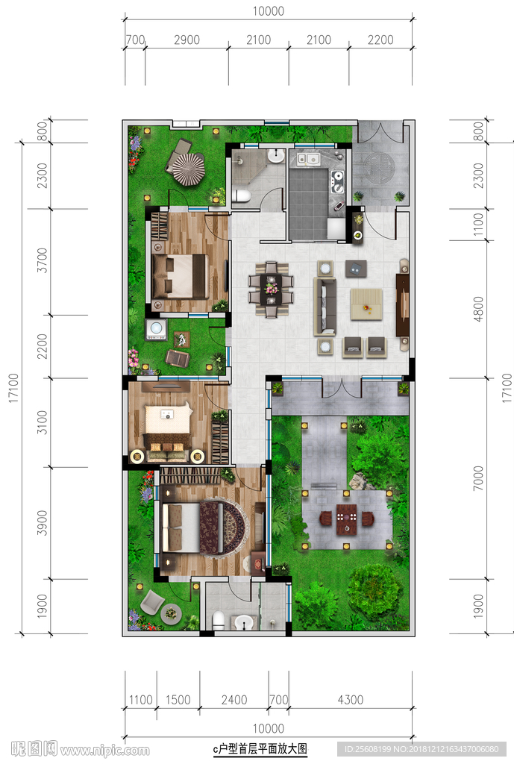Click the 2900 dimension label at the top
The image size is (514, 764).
click(187, 40)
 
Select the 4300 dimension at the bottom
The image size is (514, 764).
click(351, 700)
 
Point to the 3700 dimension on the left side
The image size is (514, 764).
click(43, 260)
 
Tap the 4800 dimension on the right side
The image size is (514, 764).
click(478, 309)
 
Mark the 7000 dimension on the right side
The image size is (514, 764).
click(478, 478)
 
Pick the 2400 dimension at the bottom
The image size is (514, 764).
click(234, 700)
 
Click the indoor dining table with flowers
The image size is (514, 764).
click(271, 289)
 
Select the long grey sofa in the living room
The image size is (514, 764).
click(325, 307)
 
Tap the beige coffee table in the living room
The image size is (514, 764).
click(366, 304)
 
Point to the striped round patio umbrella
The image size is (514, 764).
click(189, 169)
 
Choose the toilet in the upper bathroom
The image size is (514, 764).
click(241, 196)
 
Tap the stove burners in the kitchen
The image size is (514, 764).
click(337, 182)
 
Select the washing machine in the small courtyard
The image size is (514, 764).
click(157, 329)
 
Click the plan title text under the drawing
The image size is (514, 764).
click(260, 749)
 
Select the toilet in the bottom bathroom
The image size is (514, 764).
click(219, 620)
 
